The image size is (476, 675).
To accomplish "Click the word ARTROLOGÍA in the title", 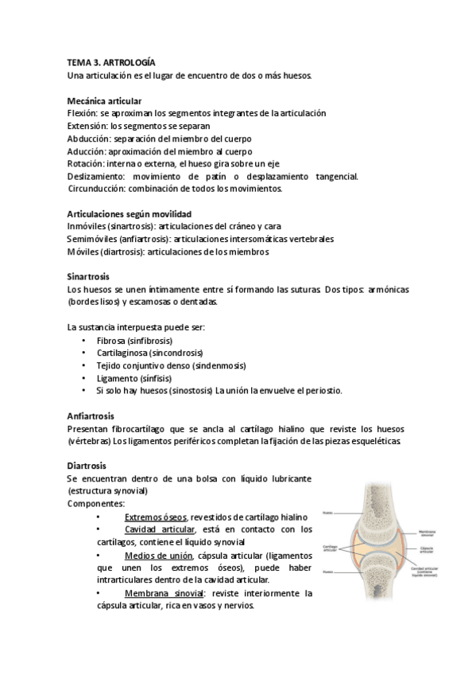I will click(130, 62).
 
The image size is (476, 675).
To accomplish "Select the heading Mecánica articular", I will click(105, 101).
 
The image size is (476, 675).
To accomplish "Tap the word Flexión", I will click(83, 114).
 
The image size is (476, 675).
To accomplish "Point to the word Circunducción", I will click(98, 189).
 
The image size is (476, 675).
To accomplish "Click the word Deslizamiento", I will click(97, 176).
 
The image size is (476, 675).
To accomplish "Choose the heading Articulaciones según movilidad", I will click(129, 214).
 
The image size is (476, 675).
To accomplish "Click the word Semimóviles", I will click(91, 240).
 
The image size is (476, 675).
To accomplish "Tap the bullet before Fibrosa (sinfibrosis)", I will click(84, 340).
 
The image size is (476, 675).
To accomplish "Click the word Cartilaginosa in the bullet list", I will click(122, 353).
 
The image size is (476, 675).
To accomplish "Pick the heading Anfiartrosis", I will click(91, 416).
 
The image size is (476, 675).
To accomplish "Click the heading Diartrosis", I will click(87, 466).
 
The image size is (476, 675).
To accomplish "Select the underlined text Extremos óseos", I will click(156, 516).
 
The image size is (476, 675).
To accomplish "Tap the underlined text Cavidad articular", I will click(160, 529).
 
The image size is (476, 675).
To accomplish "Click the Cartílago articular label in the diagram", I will click(331, 549).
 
